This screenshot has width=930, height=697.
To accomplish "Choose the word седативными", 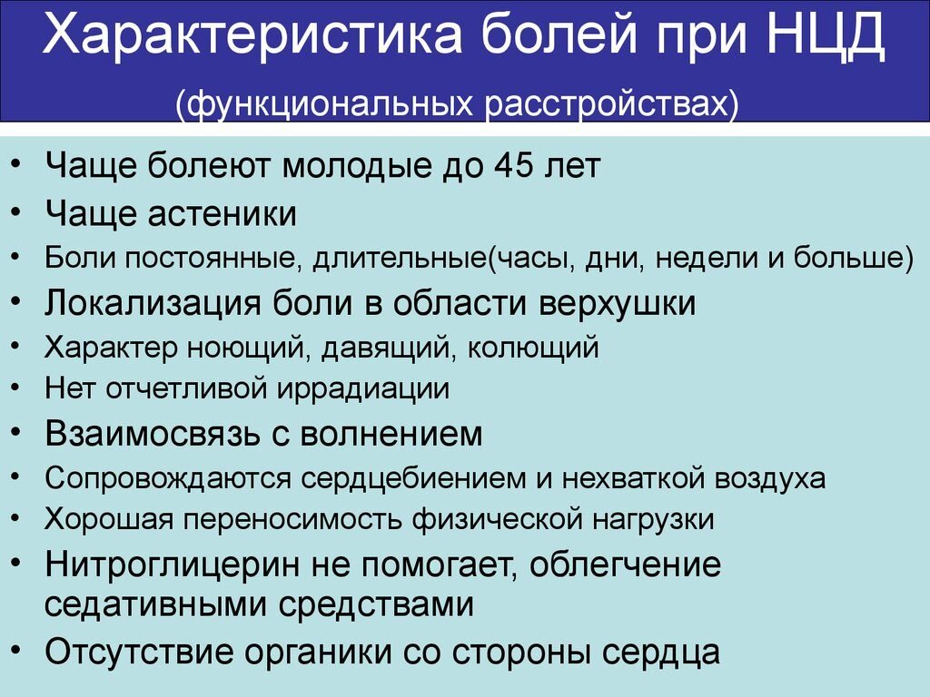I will (154, 604).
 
